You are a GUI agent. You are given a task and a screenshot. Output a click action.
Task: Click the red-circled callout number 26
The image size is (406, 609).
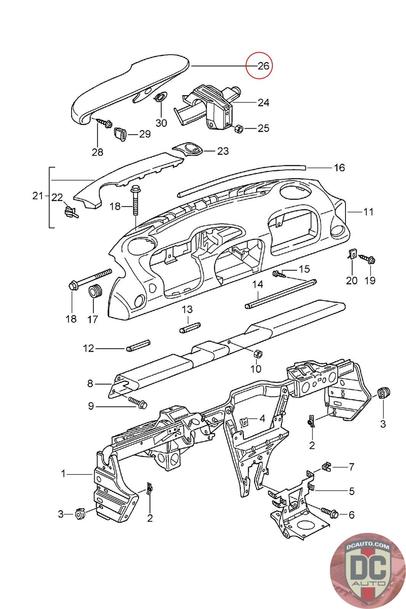(263, 65)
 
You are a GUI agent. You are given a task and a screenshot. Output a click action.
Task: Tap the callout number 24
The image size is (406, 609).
(263, 102)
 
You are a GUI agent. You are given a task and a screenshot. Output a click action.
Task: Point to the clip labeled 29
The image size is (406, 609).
(120, 134)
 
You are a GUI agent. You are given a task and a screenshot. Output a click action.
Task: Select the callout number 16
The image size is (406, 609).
(339, 167)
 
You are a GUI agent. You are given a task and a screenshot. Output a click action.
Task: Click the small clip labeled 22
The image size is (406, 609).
(71, 212)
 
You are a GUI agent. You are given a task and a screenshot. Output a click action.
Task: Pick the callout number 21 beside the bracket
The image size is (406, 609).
(38, 196)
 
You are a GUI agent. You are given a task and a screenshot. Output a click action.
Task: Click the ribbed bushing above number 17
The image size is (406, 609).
(95, 291)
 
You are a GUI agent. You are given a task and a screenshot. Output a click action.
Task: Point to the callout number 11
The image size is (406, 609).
(368, 212)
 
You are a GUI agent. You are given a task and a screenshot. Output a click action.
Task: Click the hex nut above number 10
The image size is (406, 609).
(257, 354)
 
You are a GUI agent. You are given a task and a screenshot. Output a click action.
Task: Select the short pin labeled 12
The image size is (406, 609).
(138, 345)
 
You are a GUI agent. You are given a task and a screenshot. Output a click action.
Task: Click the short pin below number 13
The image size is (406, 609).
(190, 327)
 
